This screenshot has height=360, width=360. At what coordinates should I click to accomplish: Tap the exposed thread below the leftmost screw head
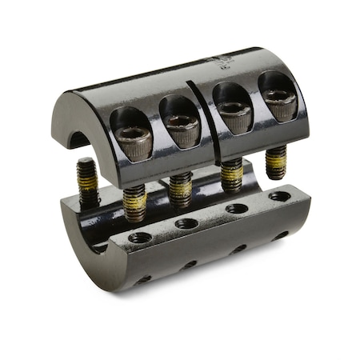tap(134, 202)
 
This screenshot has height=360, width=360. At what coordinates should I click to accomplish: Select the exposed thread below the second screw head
tap(181, 188)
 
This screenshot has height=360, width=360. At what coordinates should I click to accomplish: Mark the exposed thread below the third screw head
tap(232, 174)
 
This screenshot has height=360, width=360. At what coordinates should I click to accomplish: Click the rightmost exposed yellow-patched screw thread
tap(276, 162)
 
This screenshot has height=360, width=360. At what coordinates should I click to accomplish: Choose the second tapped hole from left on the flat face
tap(186, 224)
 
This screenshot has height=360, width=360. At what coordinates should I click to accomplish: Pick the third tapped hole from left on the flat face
tap(236, 209)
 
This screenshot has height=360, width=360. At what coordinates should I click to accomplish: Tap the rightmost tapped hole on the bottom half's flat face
tap(280, 196)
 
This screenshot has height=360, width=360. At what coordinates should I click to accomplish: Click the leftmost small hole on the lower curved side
tap(144, 278)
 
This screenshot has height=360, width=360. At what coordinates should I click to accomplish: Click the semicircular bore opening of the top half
tap(78, 138)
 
